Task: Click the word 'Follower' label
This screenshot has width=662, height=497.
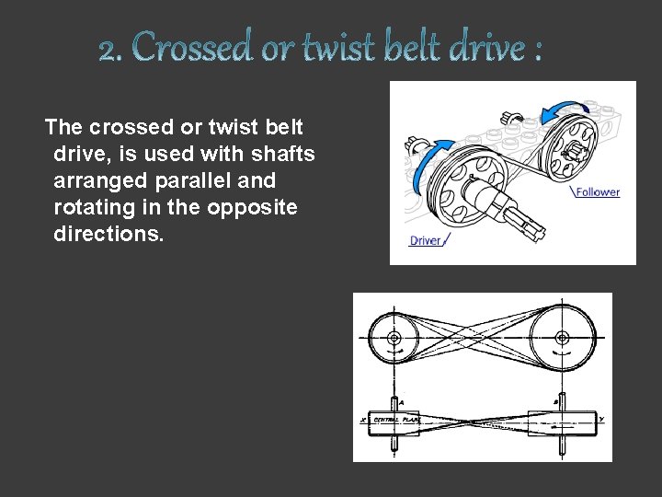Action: (x=599, y=192)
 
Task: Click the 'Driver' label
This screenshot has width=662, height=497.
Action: (x=425, y=241)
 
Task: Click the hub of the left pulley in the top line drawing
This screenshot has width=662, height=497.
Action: (x=394, y=338)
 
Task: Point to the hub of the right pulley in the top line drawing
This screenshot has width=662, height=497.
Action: (x=560, y=338)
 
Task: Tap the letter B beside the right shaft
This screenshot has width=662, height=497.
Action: (x=555, y=402)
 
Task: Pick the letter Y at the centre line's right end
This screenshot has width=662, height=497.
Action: (x=600, y=420)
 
